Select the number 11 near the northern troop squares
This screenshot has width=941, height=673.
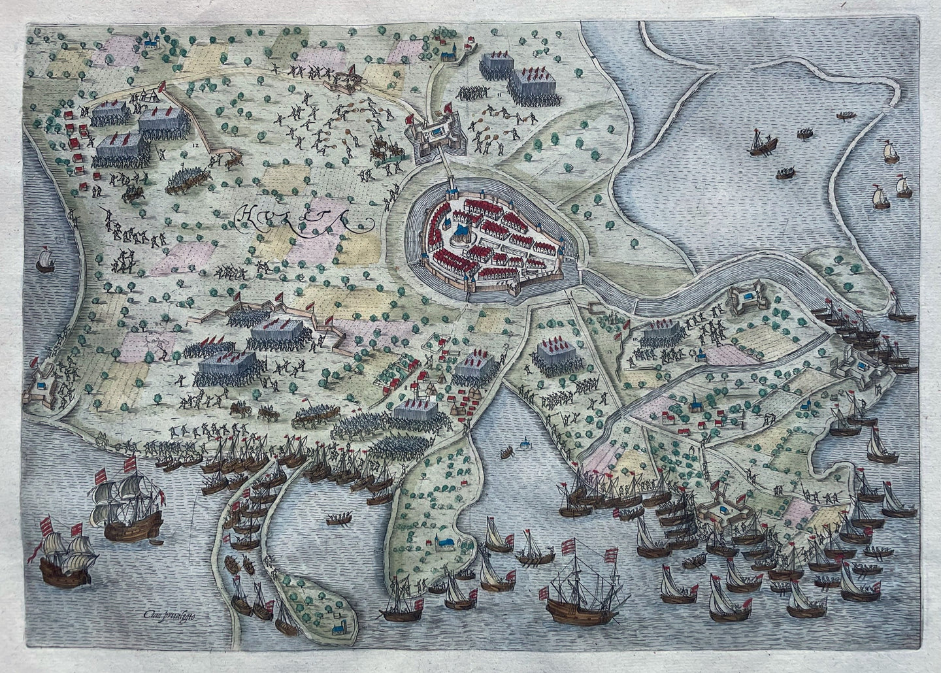tap(500, 95)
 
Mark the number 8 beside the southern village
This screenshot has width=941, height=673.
tap(406, 387)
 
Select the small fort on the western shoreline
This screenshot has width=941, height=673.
tap(41, 384)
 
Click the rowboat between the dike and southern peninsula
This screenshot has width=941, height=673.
tap(337, 519)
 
